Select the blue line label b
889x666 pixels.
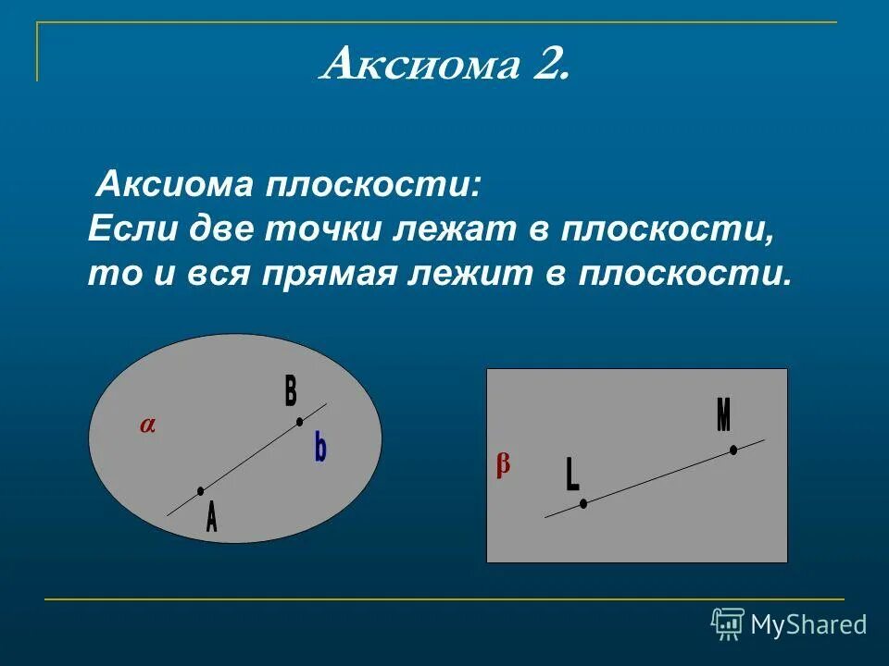319,449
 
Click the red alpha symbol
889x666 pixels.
148,425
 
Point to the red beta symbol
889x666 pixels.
503,464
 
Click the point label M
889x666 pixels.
724,415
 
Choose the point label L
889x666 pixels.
572,475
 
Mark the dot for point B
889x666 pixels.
299,422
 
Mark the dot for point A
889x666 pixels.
200,491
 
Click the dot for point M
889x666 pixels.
733,450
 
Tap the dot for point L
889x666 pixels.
583,503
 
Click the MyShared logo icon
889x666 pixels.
728,623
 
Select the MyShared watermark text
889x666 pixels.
808,625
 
